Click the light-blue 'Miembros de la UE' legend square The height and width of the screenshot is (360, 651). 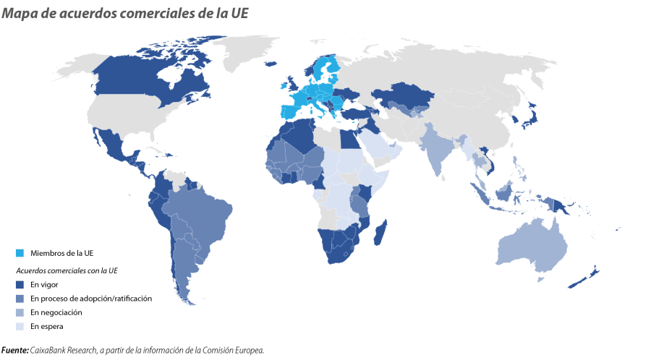[x=20, y=252]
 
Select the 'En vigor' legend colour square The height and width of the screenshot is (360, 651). [x=20, y=284]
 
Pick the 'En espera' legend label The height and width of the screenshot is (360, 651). [x=47, y=327]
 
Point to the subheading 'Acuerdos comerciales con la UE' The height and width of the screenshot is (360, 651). [x=67, y=270]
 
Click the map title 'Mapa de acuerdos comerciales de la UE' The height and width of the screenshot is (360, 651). [x=124, y=13]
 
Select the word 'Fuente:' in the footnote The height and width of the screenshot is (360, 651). [x=15, y=351]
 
